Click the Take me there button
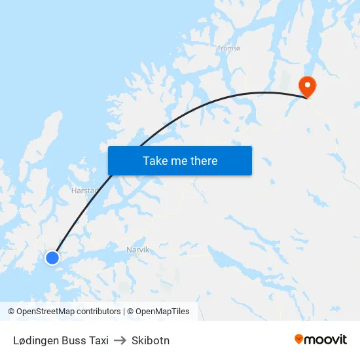[180, 160]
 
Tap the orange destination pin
[306, 86]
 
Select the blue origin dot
[52, 258]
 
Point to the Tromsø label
[228, 48]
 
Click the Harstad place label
[84, 191]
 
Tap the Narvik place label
[137, 249]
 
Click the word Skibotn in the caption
[150, 340]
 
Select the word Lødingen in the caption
[37, 340]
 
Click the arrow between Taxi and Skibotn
[120, 340]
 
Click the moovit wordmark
[325, 339]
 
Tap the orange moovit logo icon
[299, 339]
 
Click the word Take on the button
[155, 160]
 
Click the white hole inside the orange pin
[306, 84]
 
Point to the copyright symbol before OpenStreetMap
[11, 312]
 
